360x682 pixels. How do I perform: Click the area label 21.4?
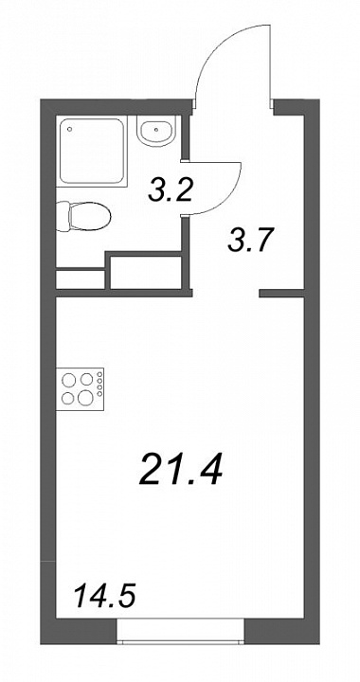pos(181,470)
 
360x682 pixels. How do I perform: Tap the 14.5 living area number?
pos(105,596)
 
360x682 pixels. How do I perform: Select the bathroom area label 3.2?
pos(170,190)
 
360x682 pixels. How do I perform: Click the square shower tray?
pos(92,152)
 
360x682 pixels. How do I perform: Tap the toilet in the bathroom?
pos(83,216)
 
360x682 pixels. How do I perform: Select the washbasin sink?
pos(156,130)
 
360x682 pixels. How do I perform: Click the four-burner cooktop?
pos(81,388)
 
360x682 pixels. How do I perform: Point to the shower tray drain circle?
pos(69,129)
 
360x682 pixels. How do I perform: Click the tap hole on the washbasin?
pos(156,129)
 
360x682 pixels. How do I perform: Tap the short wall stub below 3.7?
pos(281,294)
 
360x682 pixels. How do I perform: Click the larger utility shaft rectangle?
pos(146,272)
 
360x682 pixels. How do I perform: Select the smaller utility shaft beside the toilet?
pos(81,279)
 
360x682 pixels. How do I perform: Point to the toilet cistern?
pos(63,216)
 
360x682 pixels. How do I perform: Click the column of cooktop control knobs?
pos(100,384)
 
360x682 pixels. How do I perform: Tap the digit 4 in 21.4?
pos(207,470)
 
